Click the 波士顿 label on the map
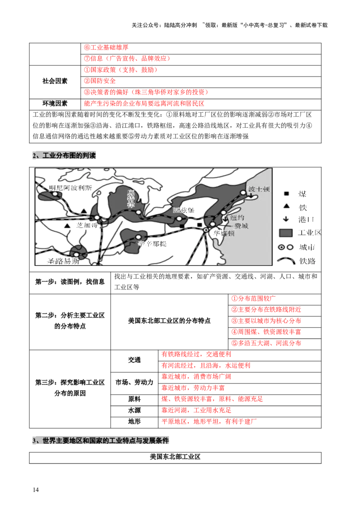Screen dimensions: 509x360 tap(258, 189)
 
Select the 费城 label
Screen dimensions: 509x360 tap(241, 226)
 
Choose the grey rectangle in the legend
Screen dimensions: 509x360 tap(286, 233)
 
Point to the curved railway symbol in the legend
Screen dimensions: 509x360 tap(286, 260)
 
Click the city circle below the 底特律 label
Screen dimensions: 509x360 tap(139, 212)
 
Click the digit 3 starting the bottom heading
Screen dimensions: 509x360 tap(34, 442)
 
